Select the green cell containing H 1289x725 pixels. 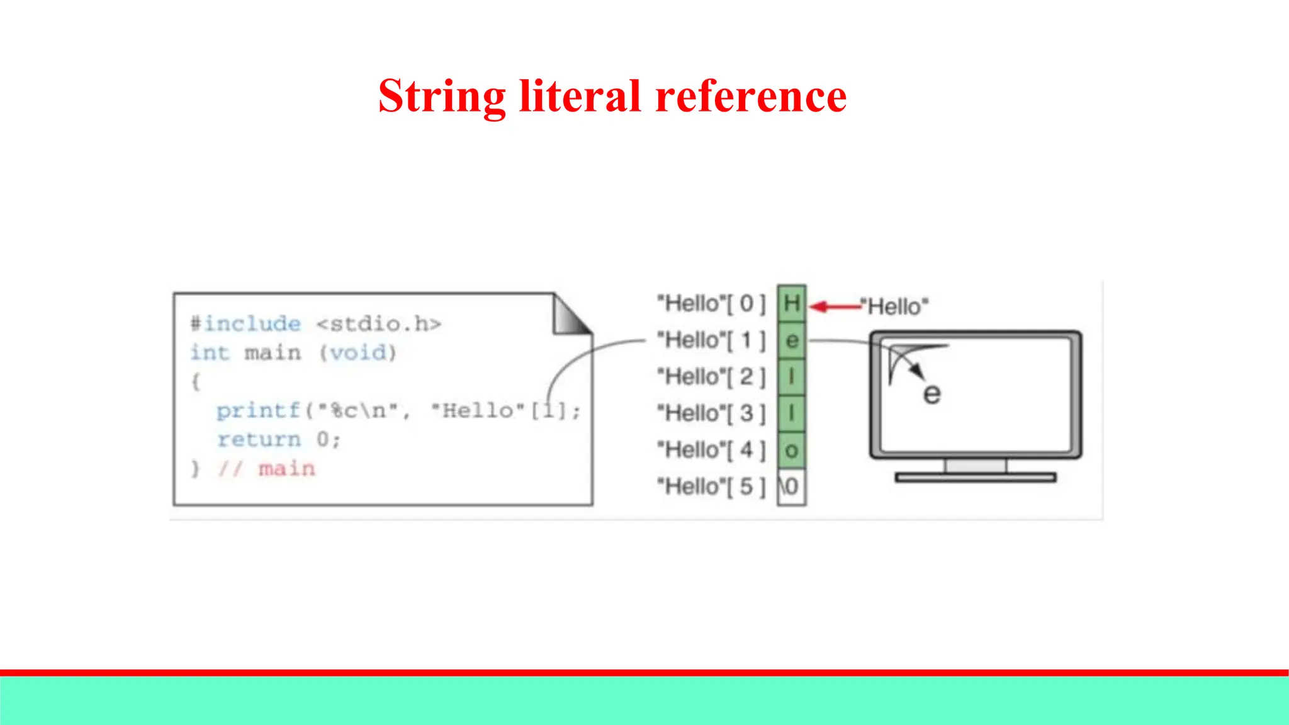click(x=791, y=303)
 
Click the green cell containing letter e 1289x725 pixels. click(x=791, y=340)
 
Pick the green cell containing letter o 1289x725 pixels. click(x=791, y=450)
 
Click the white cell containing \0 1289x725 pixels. click(x=791, y=486)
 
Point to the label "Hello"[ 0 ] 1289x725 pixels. click(x=711, y=303)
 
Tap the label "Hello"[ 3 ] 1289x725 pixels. click(x=711, y=413)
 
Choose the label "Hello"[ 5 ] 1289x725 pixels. click(x=711, y=486)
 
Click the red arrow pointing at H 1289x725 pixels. click(x=835, y=306)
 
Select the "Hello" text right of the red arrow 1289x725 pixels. click(x=898, y=306)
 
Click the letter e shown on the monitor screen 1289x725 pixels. click(x=932, y=394)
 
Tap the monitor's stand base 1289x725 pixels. click(x=976, y=478)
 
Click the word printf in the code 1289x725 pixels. click(x=258, y=410)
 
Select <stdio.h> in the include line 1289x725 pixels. click(x=379, y=324)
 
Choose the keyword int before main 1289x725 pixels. click(x=210, y=352)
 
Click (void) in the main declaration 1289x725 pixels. click(x=357, y=352)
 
